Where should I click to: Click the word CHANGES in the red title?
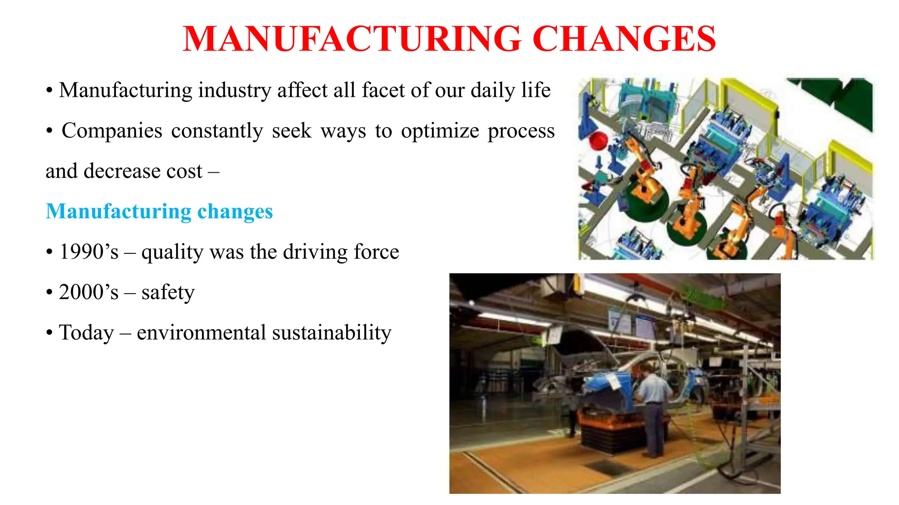click(624, 39)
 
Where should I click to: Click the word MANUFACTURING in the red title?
click(352, 39)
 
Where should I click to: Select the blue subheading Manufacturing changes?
click(159, 211)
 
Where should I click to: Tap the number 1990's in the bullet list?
click(89, 252)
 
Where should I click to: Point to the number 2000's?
click(89, 292)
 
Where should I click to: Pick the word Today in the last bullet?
click(86, 333)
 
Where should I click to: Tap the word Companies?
click(111, 131)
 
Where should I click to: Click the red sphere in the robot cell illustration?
click(597, 141)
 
